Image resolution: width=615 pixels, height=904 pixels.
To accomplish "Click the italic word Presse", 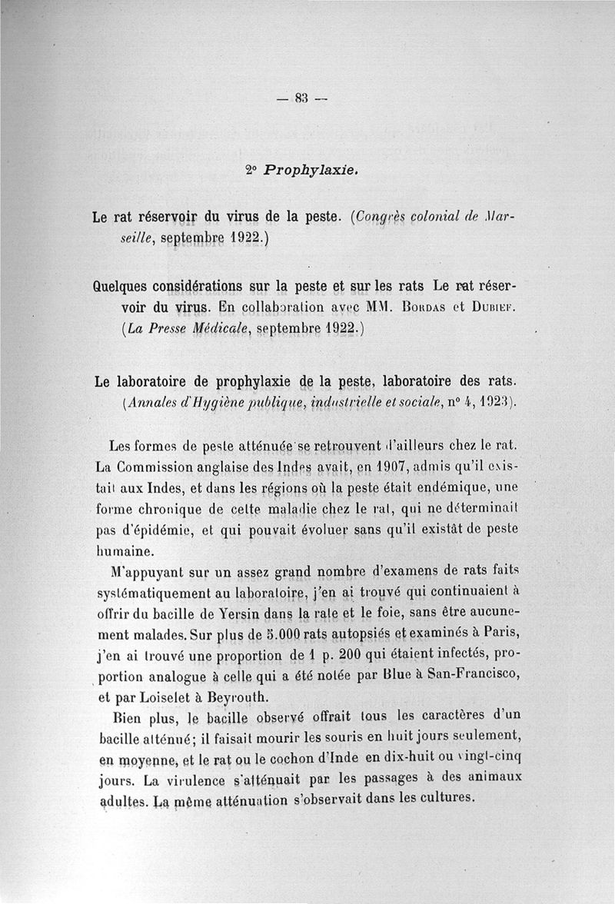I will pos(172,330).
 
